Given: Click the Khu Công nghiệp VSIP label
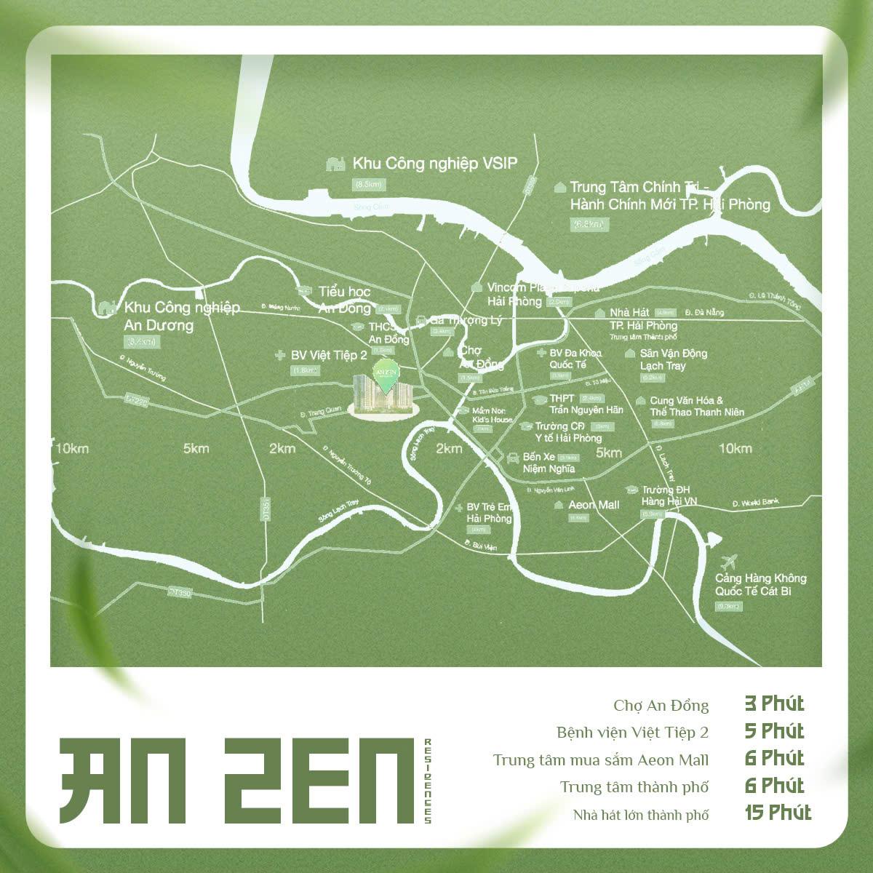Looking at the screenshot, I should pos(434,163).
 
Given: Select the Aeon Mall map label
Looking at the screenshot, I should pos(594,504).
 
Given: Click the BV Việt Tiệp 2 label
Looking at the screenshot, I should pos(329,355).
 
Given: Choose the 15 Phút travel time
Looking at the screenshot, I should pos(778,813).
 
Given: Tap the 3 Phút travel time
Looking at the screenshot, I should pos(774,703).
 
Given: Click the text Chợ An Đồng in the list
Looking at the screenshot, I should pos(661,705).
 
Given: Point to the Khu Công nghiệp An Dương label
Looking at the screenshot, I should pos(182,316).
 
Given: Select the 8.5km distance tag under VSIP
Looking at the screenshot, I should pos(369,184).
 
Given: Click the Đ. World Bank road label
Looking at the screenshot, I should pos(757,503).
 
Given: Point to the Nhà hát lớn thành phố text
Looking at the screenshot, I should pos(640,814).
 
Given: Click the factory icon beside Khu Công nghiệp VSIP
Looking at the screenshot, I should pos(335,164).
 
